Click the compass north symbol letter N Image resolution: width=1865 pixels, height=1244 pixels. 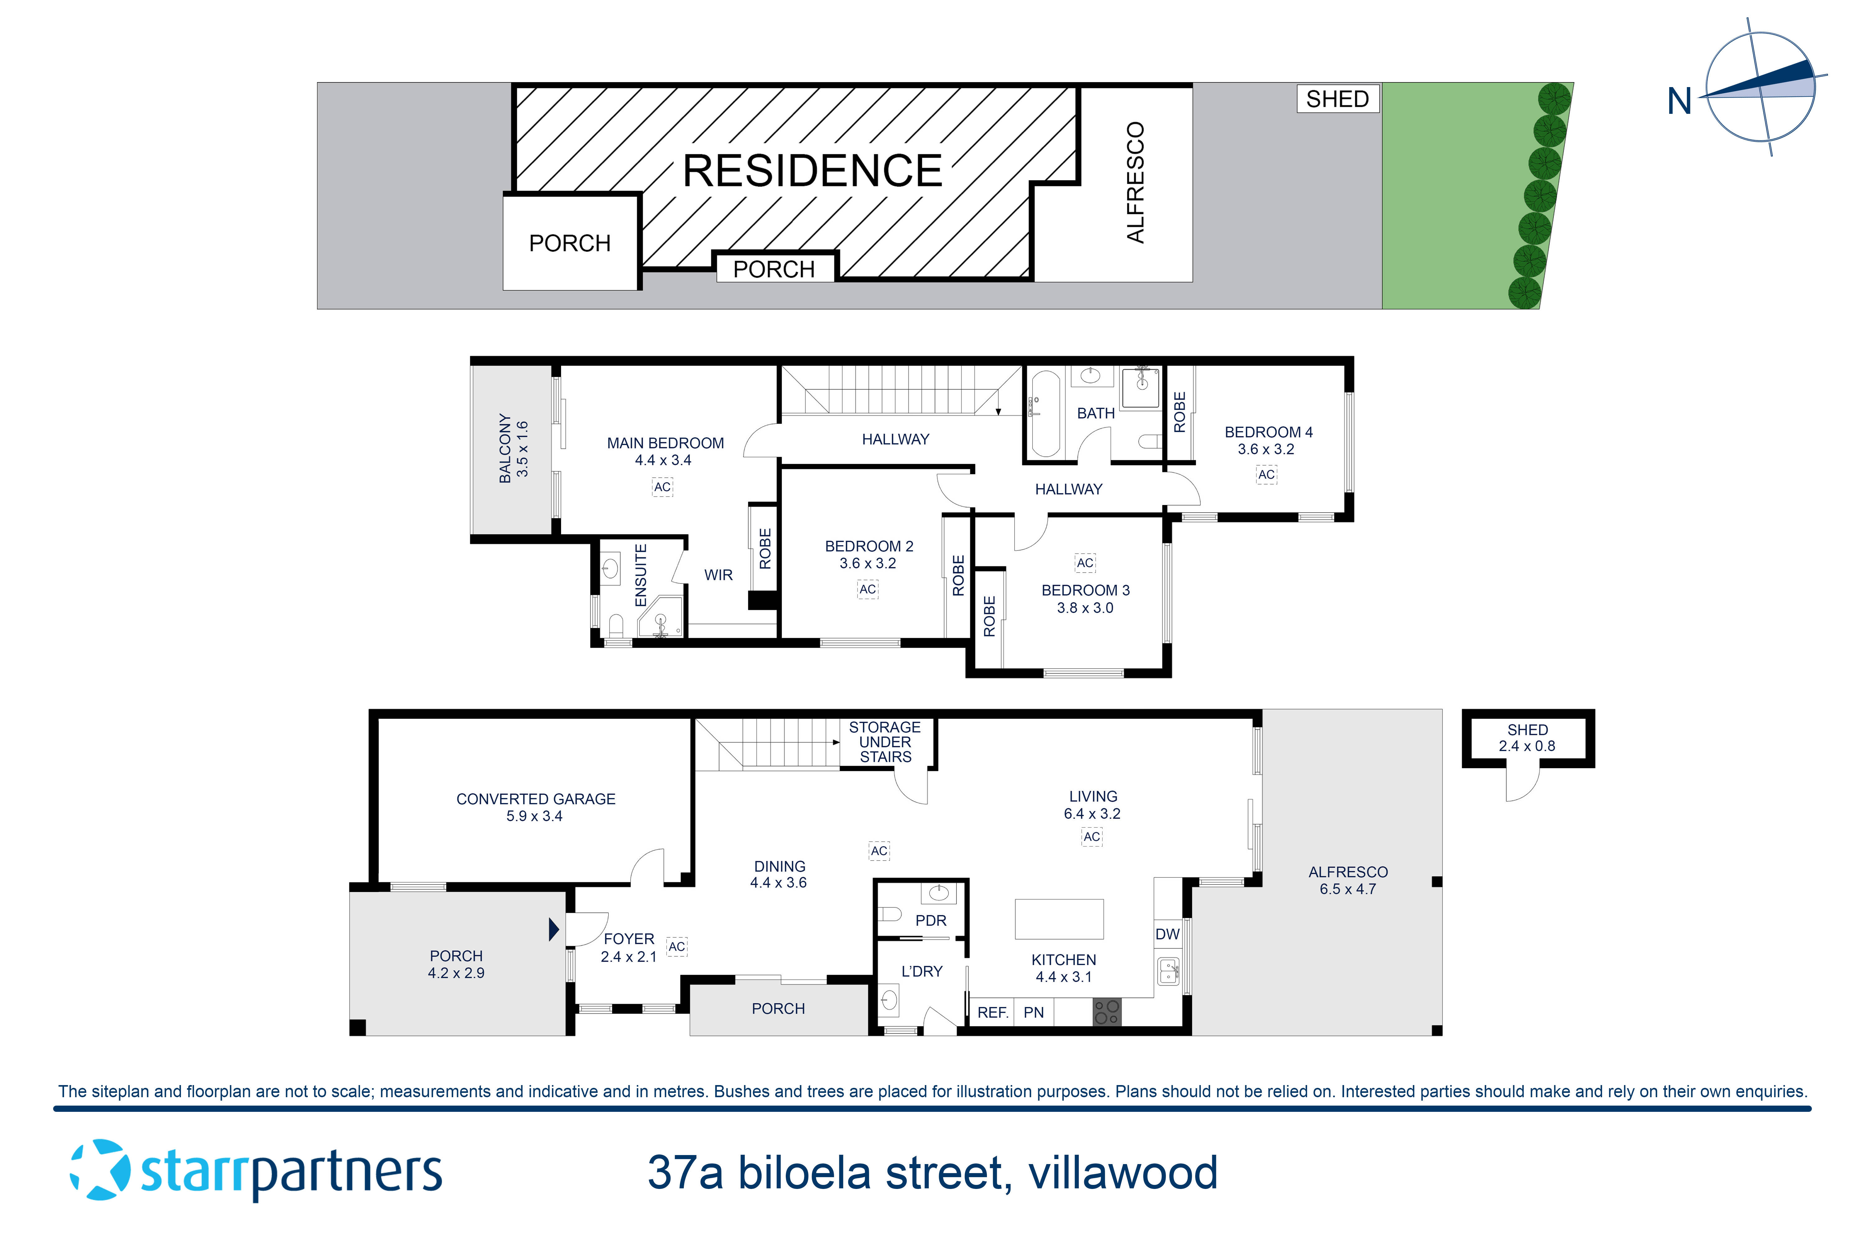[1679, 102]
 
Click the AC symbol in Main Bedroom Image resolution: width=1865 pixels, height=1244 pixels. [662, 487]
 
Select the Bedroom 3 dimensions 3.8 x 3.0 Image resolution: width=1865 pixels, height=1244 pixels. [1085, 609]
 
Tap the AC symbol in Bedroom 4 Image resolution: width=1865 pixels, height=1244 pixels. [1266, 475]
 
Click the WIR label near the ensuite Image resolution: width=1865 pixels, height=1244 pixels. [718, 575]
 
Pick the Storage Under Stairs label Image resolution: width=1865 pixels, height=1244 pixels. [885, 742]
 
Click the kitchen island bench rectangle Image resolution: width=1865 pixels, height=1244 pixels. [1059, 919]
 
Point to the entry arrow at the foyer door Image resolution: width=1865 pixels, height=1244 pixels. [554, 929]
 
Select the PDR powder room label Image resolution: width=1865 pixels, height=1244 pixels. [931, 920]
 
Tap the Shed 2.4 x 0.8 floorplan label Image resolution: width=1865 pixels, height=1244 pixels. [1527, 738]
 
